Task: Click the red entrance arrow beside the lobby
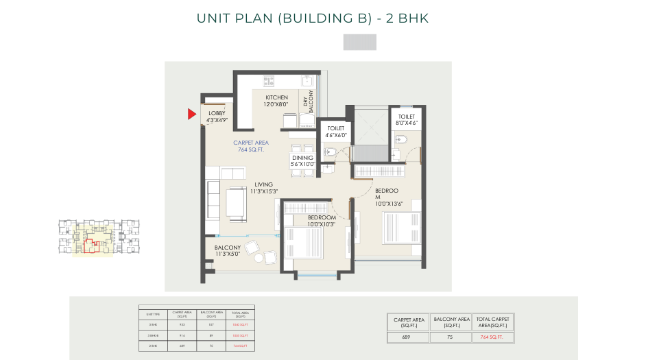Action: click(193, 115)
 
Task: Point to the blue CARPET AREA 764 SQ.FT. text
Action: click(250, 146)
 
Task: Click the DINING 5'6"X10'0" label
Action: click(302, 160)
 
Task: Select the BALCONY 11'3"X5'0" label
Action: click(227, 250)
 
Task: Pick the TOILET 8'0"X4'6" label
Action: click(407, 120)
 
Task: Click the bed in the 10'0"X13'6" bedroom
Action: click(401, 227)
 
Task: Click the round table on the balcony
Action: click(259, 259)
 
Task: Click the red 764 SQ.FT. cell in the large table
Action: click(492, 337)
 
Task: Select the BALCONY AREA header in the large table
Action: click(451, 322)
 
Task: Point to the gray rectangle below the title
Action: click(359, 42)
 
